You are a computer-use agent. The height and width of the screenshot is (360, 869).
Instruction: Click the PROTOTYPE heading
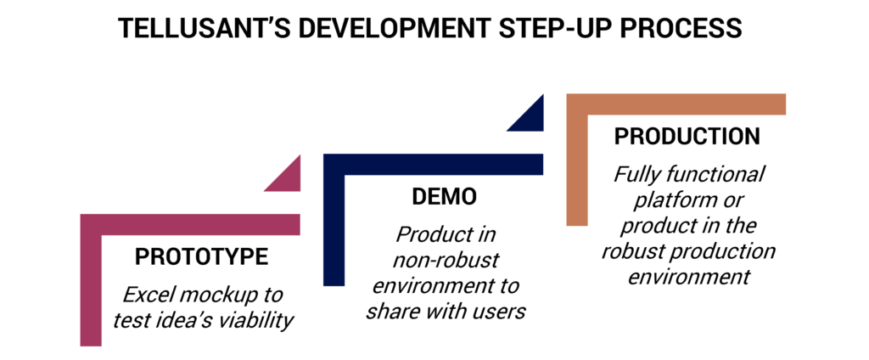tap(202, 256)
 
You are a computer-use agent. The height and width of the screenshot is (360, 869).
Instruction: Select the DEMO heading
tap(444, 197)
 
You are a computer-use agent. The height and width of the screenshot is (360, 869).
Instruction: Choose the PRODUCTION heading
tap(687, 137)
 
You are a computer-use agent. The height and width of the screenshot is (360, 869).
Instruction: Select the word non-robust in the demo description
tap(435, 259)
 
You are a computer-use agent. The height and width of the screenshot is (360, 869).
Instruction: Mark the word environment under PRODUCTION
tap(689, 276)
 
